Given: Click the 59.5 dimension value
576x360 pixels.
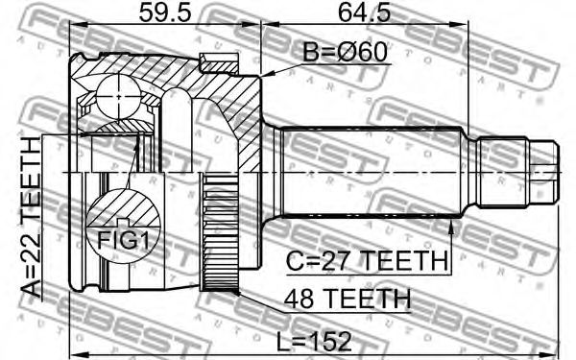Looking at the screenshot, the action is click(165, 12).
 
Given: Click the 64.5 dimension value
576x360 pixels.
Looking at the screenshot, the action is click(364, 12).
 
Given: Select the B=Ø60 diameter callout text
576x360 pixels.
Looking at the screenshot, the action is click(345, 52).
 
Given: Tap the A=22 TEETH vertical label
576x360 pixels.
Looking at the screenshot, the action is click(31, 217).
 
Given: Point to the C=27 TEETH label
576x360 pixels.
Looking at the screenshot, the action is click(368, 260).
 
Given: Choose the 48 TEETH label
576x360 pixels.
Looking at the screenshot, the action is click(348, 299).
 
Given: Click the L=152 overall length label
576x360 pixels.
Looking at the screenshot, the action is click(314, 342).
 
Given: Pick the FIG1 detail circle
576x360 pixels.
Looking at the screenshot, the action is click(124, 225).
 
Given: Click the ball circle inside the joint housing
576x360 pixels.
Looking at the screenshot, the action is click(119, 97).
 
